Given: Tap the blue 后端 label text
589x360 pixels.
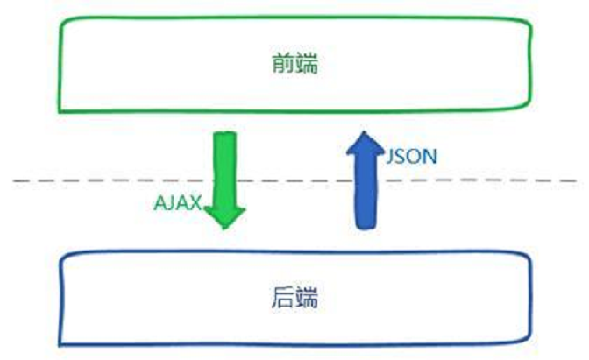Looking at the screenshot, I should [x=294, y=300].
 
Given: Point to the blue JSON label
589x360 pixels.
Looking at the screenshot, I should [x=412, y=157].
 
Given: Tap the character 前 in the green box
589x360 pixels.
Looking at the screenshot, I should [x=281, y=65].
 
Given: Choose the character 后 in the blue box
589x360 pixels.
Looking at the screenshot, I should [x=283, y=300].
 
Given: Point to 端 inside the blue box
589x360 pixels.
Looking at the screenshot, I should [x=306, y=300].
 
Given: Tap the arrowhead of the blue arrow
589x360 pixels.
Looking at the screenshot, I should [x=361, y=142].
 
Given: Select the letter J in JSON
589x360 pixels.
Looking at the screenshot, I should [x=391, y=157].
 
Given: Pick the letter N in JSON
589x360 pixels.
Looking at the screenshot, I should [x=430, y=157].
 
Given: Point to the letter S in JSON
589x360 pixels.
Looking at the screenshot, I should [x=402, y=157].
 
